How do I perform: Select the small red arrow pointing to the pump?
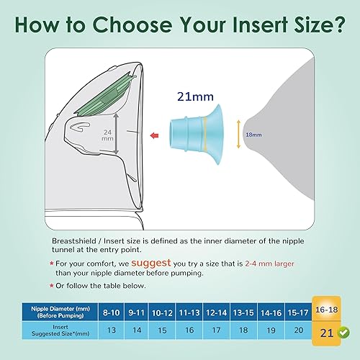pos(155,134)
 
